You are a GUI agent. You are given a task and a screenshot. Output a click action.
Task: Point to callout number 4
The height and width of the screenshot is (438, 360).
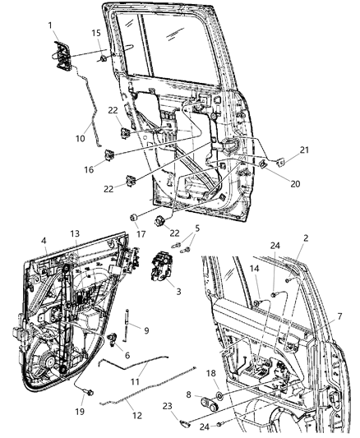tap(44, 242)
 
